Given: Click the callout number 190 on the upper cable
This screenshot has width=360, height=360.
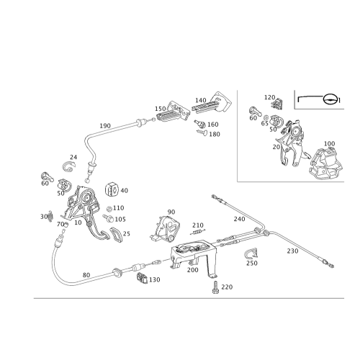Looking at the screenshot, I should (x=105, y=125).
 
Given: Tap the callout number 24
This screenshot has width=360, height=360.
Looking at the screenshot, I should (x=74, y=156).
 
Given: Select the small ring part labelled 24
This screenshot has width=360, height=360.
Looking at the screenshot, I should (x=69, y=164).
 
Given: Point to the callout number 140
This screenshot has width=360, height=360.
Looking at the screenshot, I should (x=201, y=99).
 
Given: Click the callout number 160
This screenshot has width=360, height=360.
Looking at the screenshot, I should (x=214, y=125).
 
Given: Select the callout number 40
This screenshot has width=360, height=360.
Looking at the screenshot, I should (x=125, y=190).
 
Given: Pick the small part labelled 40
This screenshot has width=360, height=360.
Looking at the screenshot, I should (x=112, y=189).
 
